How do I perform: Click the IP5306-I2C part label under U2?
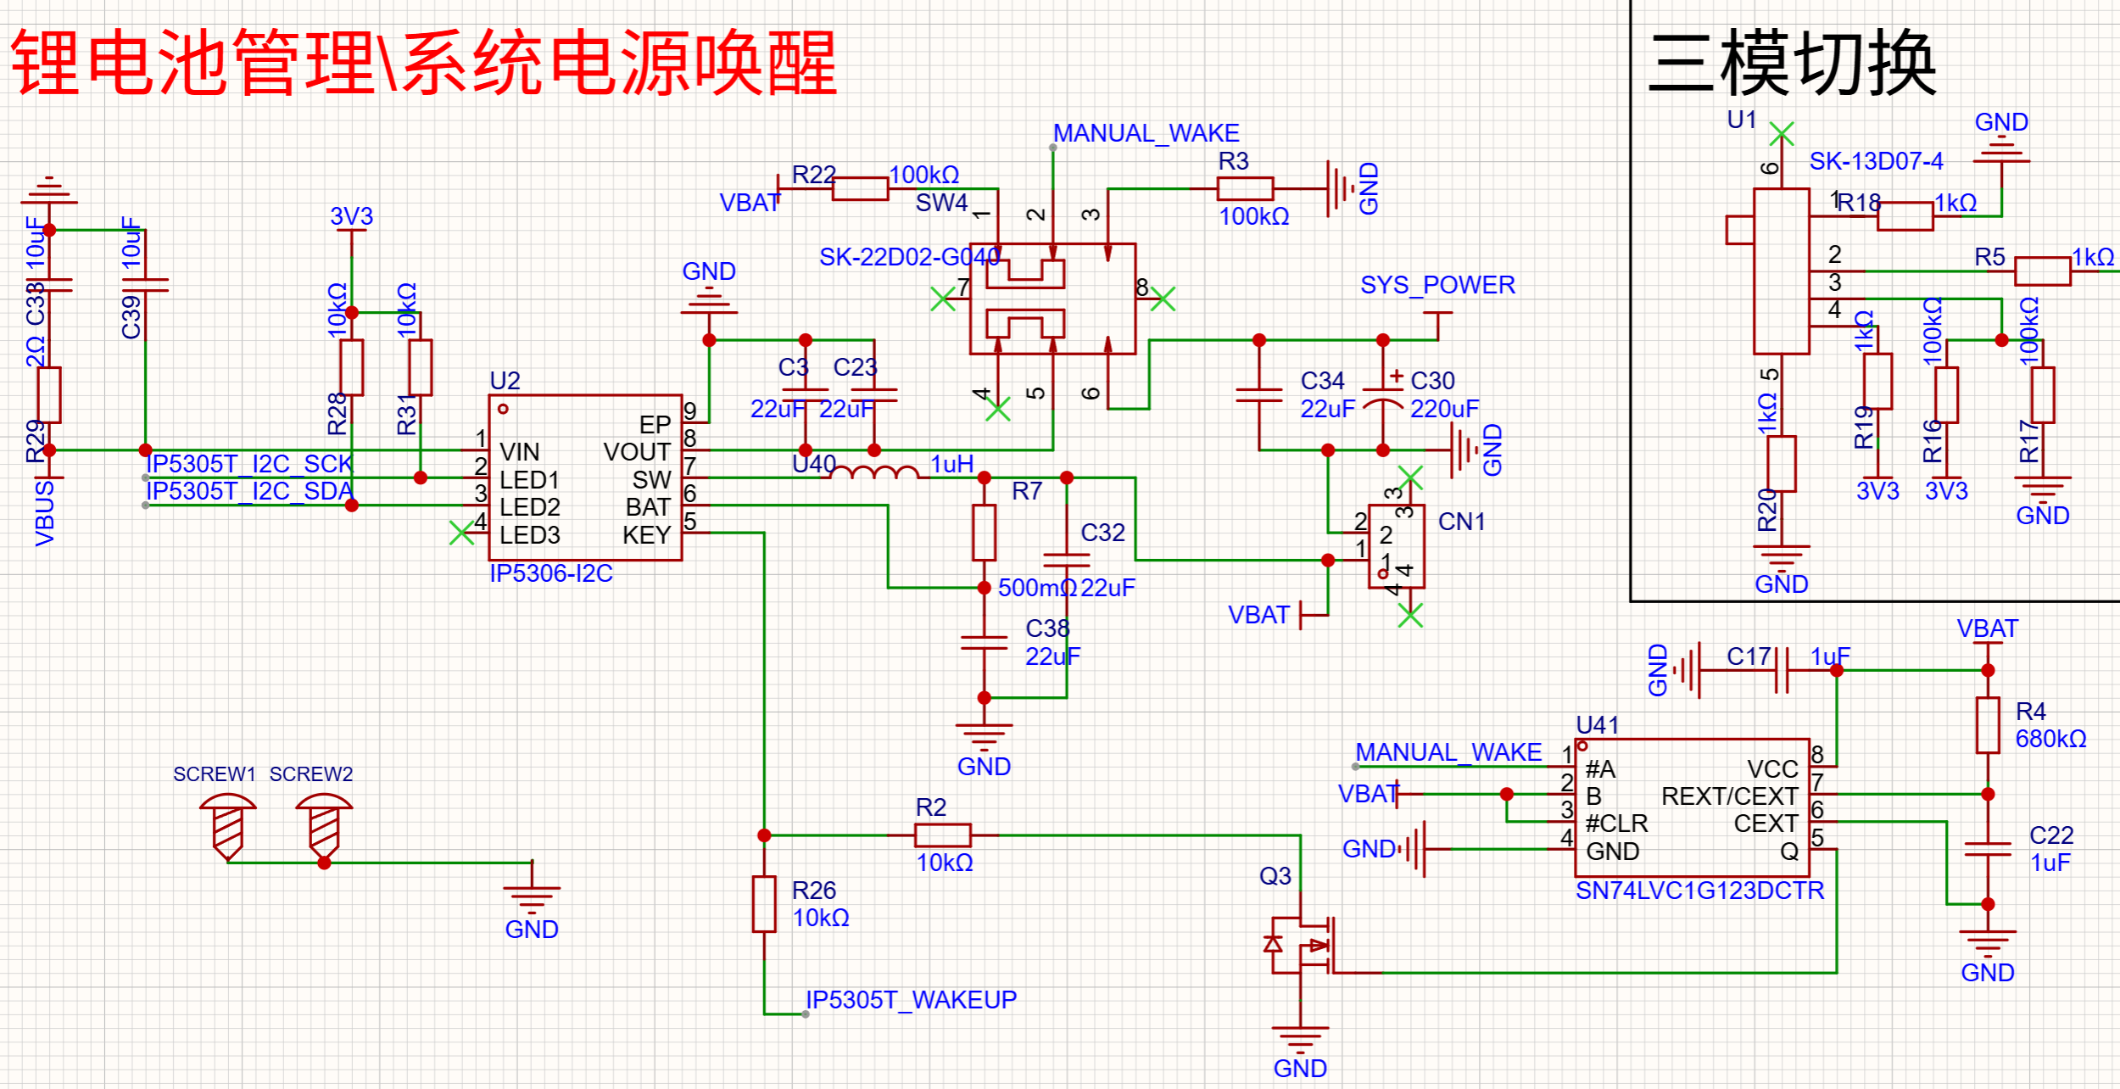point(551,574)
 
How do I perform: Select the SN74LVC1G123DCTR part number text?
point(1699,891)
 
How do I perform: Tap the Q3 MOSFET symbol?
point(1302,946)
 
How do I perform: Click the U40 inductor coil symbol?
point(874,472)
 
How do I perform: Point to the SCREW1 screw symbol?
point(227,827)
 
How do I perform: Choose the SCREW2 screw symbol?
point(324,827)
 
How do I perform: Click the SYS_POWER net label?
point(1437,285)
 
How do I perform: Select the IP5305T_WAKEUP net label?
point(911,1001)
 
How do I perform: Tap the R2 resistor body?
point(943,835)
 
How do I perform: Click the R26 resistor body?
point(764,904)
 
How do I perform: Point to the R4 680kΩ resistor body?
point(1988,725)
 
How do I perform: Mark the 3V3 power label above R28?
point(352,216)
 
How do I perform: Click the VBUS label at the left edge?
point(45,514)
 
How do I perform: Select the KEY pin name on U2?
point(647,536)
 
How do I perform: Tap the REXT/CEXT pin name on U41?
point(1730,797)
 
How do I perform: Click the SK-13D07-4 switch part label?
point(1877,161)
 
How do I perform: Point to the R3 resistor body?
point(1246,189)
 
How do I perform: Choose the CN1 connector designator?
point(1462,522)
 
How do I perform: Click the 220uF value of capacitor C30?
point(1445,410)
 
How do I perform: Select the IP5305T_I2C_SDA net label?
point(249,492)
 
